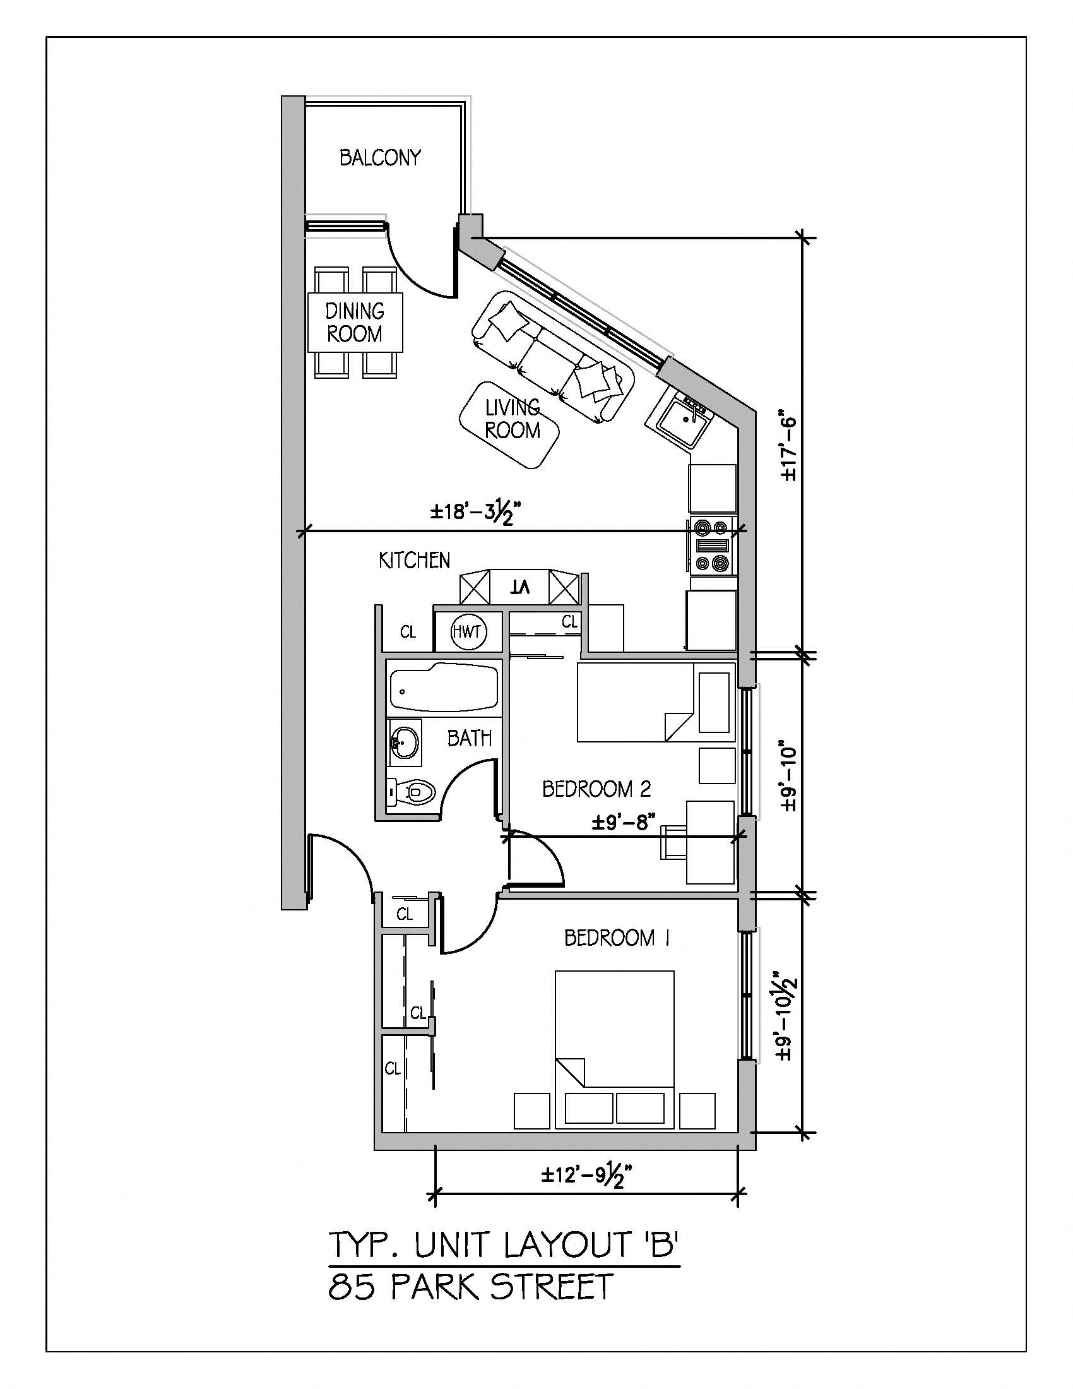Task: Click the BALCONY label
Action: pyautogui.click(x=379, y=158)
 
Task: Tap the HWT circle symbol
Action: pyautogui.click(x=468, y=632)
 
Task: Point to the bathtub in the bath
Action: pyautogui.click(x=443, y=689)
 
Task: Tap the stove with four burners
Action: pyautogui.click(x=712, y=545)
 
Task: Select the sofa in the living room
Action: pyautogui.click(x=552, y=356)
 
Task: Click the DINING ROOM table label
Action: pyautogui.click(x=355, y=322)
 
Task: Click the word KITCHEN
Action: pyautogui.click(x=414, y=560)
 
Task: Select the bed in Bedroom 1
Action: pyautogui.click(x=614, y=1049)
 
